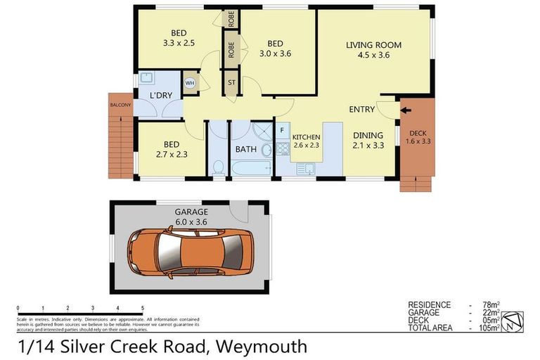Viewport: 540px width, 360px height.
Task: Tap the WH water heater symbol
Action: tap(190, 83)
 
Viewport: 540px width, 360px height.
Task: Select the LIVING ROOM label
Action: tap(373, 45)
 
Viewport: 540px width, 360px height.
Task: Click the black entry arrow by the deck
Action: tap(404, 109)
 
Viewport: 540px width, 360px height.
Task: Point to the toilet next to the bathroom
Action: tap(218, 166)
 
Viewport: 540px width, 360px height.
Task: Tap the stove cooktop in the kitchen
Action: tap(282, 149)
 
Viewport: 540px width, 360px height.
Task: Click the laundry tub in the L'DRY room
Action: tap(147, 78)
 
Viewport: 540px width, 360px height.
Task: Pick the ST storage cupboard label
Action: tap(231, 82)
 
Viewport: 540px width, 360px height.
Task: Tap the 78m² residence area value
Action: tap(490, 304)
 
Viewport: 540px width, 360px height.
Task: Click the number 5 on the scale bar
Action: tap(143, 308)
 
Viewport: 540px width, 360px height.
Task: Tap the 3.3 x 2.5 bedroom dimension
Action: tap(178, 43)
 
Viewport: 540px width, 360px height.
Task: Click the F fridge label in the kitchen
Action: tap(281, 130)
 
